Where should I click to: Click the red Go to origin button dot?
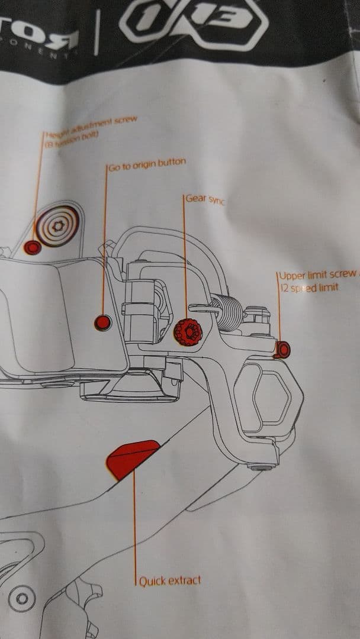click(103, 322)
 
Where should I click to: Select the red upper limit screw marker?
click(283, 350)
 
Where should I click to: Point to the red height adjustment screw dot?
click(33, 246)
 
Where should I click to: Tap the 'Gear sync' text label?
click(205, 199)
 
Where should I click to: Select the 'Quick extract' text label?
click(169, 580)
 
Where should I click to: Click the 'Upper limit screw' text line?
click(317, 276)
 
